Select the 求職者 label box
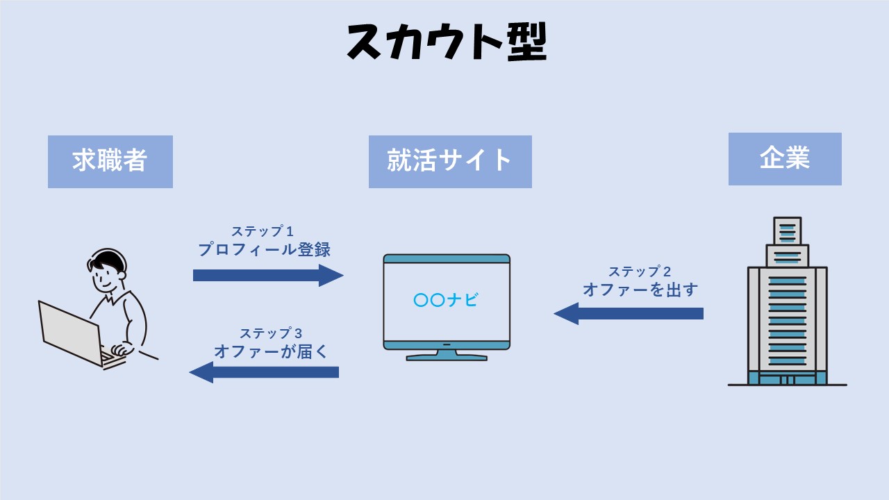coord(110,161)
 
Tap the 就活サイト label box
coord(450,161)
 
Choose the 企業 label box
coord(785,158)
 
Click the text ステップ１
coord(263,231)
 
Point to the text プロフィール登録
coord(264,250)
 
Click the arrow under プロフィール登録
coord(268,275)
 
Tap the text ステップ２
coord(640,272)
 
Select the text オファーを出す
coord(640,290)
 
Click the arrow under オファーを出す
coord(629,313)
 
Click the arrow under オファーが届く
coord(264,372)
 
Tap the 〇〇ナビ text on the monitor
coord(446,300)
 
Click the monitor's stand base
coord(447,357)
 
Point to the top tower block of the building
coord(787,231)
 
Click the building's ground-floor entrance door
coord(787,380)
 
